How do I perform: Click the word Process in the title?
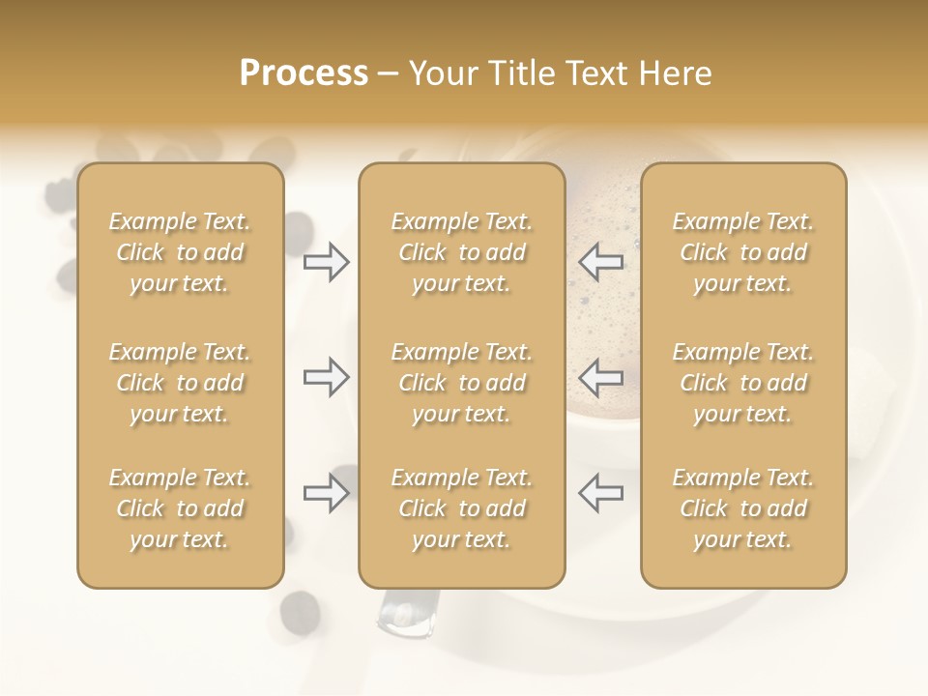pyautogui.click(x=304, y=73)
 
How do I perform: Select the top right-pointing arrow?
pyautogui.click(x=327, y=262)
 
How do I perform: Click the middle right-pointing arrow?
pyautogui.click(x=327, y=377)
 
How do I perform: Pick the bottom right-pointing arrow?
pyautogui.click(x=327, y=493)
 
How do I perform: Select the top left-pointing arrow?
pyautogui.click(x=600, y=262)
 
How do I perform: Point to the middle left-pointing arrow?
pyautogui.click(x=600, y=377)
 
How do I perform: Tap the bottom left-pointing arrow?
pyautogui.click(x=600, y=493)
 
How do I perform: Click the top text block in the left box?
pyautogui.click(x=180, y=252)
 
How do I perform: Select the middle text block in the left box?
pyautogui.click(x=180, y=383)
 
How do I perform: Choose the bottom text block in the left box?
pyautogui.click(x=180, y=508)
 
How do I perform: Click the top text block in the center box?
pyautogui.click(x=461, y=252)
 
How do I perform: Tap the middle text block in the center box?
pyautogui.click(x=461, y=383)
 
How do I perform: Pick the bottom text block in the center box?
pyautogui.click(x=461, y=508)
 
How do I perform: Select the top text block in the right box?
pyautogui.click(x=742, y=252)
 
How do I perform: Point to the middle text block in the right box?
pyautogui.click(x=742, y=383)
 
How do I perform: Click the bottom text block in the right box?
pyautogui.click(x=742, y=508)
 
